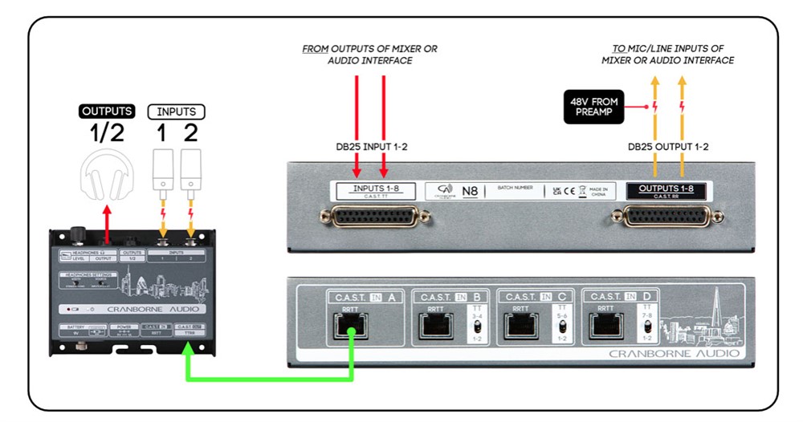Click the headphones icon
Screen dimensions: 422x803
pyautogui.click(x=106, y=173)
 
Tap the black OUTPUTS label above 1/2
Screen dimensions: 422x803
pyautogui.click(x=106, y=112)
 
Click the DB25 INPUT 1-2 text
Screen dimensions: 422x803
pyautogui.click(x=370, y=146)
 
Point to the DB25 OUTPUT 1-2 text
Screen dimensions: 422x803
pyautogui.click(x=669, y=146)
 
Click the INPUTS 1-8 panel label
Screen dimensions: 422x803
pyautogui.click(x=371, y=192)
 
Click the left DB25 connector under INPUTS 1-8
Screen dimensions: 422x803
pyautogui.click(x=371, y=217)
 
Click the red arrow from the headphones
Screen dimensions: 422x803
pyautogui.click(x=107, y=224)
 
